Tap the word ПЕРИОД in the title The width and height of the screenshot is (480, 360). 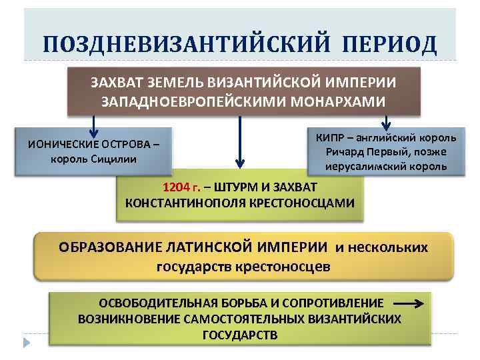point(391,45)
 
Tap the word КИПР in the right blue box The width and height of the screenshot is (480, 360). point(328,138)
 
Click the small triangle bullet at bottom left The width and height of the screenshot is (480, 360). point(27,343)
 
